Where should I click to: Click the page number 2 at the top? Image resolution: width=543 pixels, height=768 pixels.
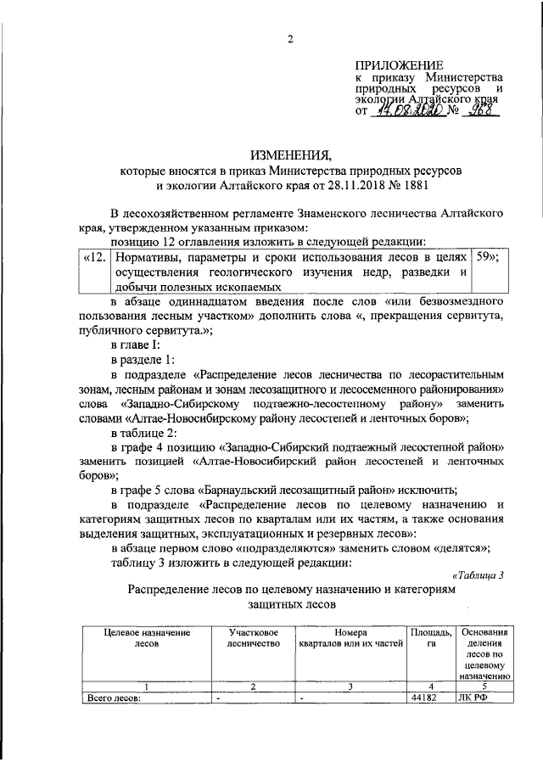pyautogui.click(x=288, y=38)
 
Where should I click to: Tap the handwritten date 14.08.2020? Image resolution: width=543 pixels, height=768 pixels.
pyautogui.click(x=411, y=110)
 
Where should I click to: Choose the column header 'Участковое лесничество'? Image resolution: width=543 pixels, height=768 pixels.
pyautogui.click(x=248, y=638)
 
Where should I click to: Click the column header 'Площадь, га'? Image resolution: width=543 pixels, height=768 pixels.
pyautogui.click(x=431, y=638)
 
